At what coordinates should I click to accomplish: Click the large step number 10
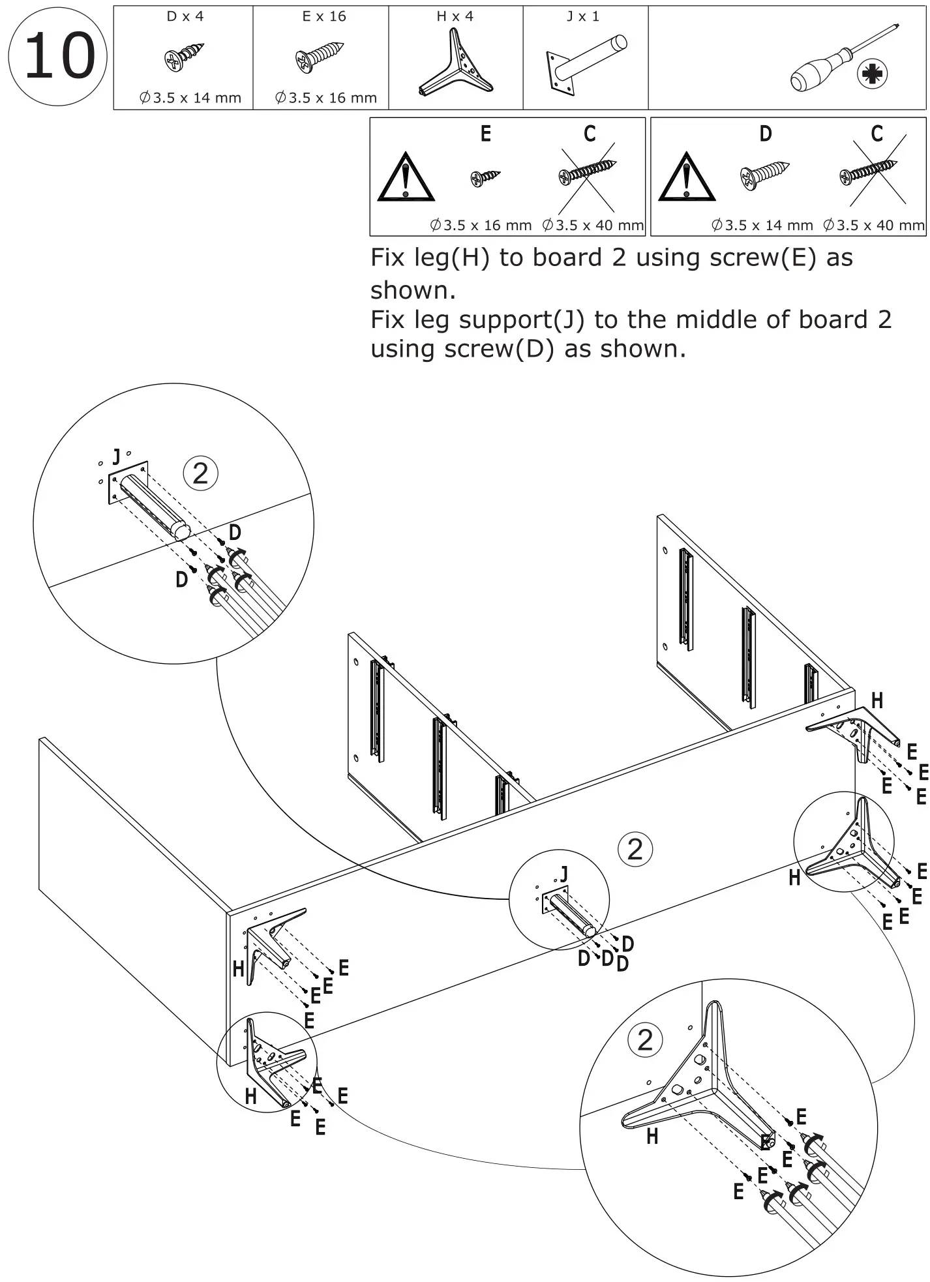pyautogui.click(x=58, y=56)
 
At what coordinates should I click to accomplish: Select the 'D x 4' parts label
pyautogui.click(x=185, y=16)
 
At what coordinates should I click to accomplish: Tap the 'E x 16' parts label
pyautogui.click(x=324, y=16)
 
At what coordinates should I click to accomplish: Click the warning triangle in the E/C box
pyautogui.click(x=406, y=177)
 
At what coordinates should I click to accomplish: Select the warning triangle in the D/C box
pyautogui.click(x=686, y=177)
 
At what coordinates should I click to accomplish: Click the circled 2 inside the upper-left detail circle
pyautogui.click(x=200, y=473)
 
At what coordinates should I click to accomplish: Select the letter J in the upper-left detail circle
pyautogui.click(x=116, y=456)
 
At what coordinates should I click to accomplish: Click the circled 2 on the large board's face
pyautogui.click(x=635, y=849)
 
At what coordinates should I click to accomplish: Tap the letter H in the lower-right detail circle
pyautogui.click(x=652, y=1137)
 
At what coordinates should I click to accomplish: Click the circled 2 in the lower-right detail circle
pyautogui.click(x=644, y=1040)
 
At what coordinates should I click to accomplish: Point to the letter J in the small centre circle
pyautogui.click(x=563, y=874)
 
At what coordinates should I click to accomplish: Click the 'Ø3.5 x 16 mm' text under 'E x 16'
pyautogui.click(x=326, y=98)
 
